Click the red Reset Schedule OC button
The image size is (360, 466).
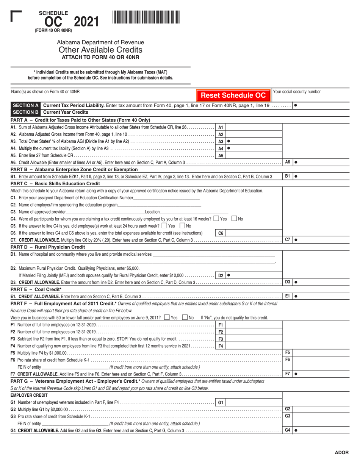[x=233, y=95]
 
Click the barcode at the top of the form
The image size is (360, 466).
[x=146, y=17]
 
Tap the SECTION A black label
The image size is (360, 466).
[x=26, y=105]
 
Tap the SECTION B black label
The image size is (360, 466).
[x=26, y=112]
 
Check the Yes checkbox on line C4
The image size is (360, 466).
[x=216, y=219]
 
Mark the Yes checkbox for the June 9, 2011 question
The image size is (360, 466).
[x=167, y=317]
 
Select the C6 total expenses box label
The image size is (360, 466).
[x=221, y=233]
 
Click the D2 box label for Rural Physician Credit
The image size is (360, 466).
[x=221, y=275]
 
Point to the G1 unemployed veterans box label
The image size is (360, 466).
[x=221, y=403]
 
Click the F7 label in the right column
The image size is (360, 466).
[x=288, y=374]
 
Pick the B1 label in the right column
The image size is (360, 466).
[x=288, y=176]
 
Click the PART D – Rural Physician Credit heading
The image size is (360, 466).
[x=48, y=247]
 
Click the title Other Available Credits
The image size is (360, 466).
[x=100, y=50]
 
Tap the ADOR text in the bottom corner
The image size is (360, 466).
[x=341, y=452]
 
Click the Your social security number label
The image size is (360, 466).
[x=297, y=92]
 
